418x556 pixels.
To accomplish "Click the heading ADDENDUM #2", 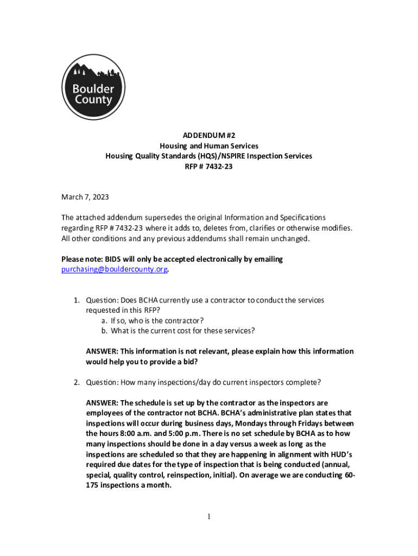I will [x=208, y=135].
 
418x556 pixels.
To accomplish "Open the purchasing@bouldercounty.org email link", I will [x=114, y=269].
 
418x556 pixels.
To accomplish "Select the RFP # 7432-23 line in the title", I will [x=208, y=166].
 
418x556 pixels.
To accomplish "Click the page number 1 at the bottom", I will [x=209, y=516].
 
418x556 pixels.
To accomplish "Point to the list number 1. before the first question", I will [x=77, y=300].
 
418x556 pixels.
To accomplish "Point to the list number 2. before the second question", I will [x=77, y=382].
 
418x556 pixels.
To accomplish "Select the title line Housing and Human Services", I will [x=208, y=146].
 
